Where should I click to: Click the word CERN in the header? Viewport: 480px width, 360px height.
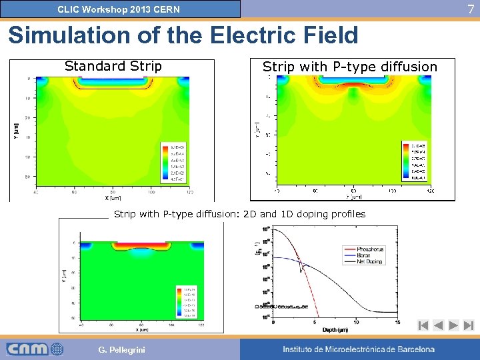pyautogui.click(x=166, y=10)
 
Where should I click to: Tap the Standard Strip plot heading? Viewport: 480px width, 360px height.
pyautogui.click(x=113, y=66)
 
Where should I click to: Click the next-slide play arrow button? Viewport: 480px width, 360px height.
pyautogui.click(x=453, y=325)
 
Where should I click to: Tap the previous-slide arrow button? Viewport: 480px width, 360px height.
pyautogui.click(x=438, y=325)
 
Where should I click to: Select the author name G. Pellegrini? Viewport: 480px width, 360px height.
pyautogui.click(x=121, y=350)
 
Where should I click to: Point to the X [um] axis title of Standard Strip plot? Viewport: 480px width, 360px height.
pyautogui.click(x=112, y=197)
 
